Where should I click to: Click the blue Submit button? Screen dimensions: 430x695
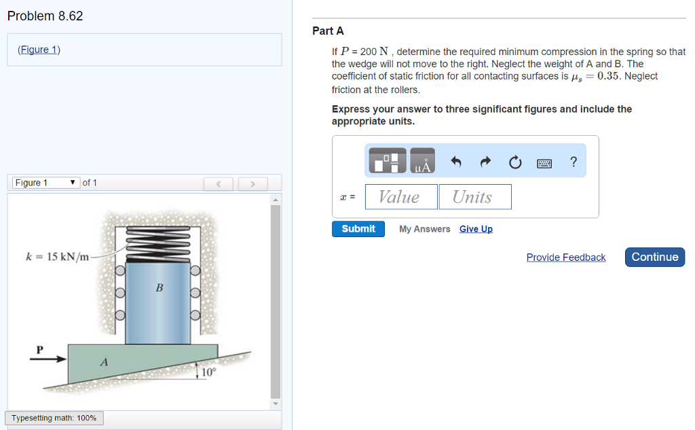click(x=358, y=229)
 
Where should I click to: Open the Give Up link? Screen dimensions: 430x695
click(x=476, y=229)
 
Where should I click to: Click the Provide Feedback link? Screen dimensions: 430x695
click(x=565, y=257)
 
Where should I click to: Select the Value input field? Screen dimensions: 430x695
click(x=401, y=197)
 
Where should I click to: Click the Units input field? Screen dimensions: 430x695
click(x=474, y=197)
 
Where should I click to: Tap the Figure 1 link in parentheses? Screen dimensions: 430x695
click(x=39, y=50)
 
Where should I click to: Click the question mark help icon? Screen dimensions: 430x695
click(x=574, y=162)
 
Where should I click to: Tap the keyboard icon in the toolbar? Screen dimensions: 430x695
click(x=544, y=163)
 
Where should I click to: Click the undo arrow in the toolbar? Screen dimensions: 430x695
click(x=456, y=162)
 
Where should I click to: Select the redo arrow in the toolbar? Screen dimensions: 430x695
click(x=485, y=162)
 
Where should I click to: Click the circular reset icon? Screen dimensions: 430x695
click(x=515, y=162)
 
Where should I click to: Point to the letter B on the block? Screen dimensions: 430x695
click(x=159, y=287)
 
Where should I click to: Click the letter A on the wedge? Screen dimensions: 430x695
click(x=104, y=362)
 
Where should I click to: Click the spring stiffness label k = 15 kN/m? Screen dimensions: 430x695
click(x=57, y=257)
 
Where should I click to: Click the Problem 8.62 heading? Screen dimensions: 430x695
click(x=45, y=16)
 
